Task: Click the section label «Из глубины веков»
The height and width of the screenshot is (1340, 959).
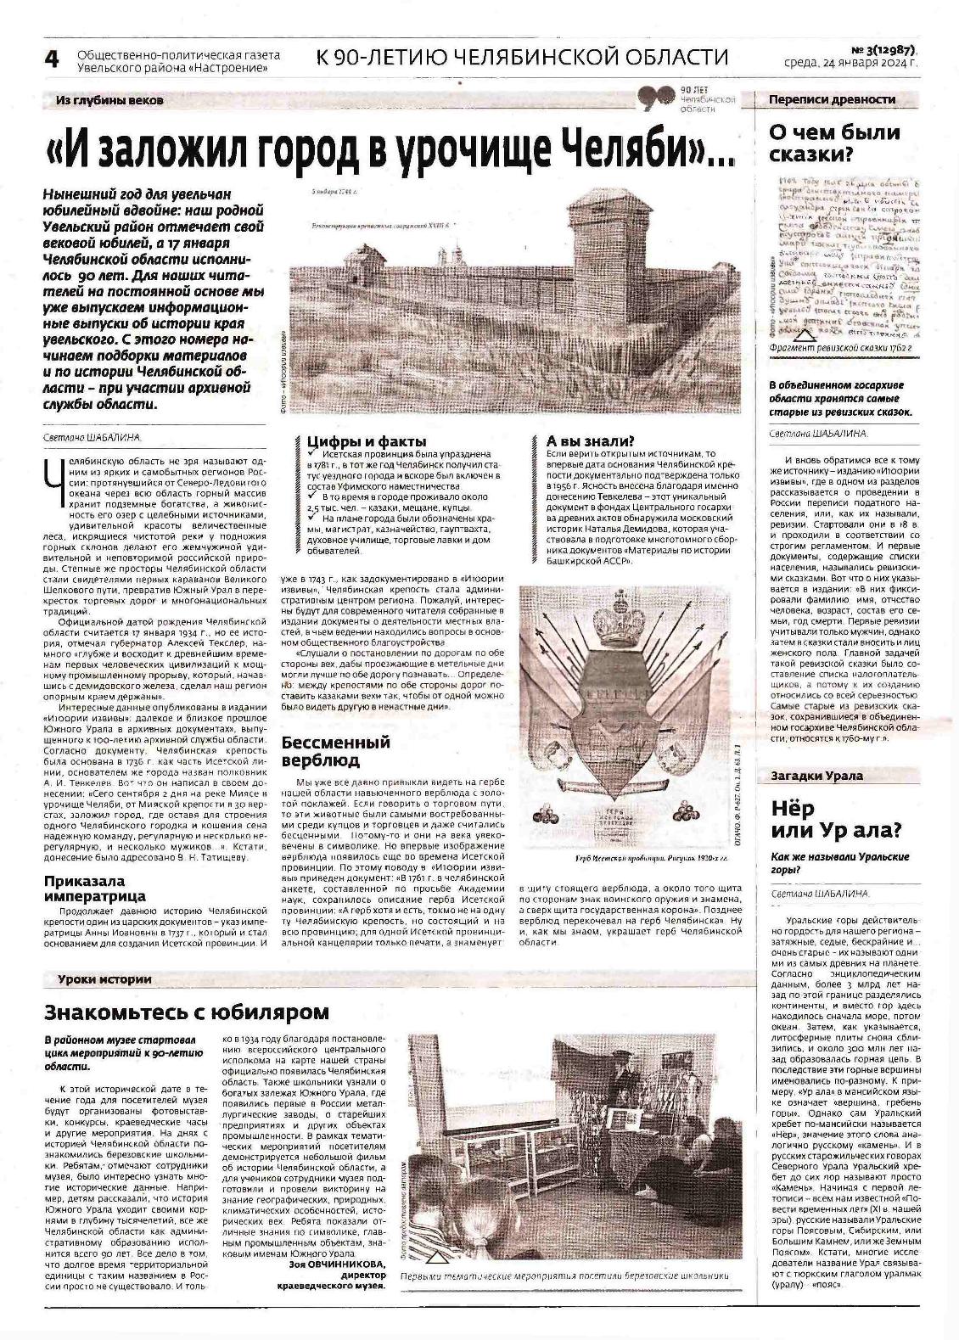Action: pyautogui.click(x=109, y=100)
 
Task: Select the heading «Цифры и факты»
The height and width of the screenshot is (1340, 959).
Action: pyautogui.click(x=367, y=441)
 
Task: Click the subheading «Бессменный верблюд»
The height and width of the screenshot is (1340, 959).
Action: pyautogui.click(x=336, y=751)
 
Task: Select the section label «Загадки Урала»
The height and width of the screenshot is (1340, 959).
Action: pyautogui.click(x=816, y=775)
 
